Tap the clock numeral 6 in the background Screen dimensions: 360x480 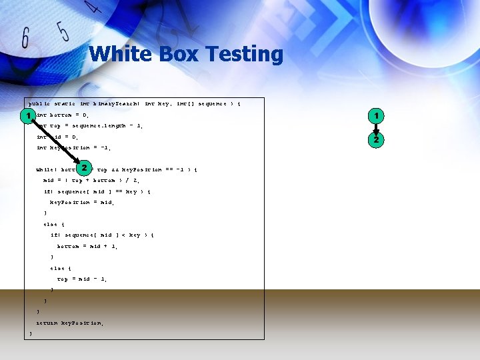point(26,38)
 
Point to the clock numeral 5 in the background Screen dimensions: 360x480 point(62,31)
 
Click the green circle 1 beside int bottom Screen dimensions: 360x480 point(27,116)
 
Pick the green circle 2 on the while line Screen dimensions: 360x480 point(85,168)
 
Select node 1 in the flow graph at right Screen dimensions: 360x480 point(376,116)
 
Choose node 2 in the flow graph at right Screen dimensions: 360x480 point(376,139)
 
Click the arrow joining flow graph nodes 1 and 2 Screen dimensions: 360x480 point(376,127)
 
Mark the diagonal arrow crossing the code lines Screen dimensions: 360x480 point(56,142)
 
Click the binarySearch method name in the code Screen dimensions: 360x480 point(116,104)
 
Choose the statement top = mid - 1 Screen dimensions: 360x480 point(83,279)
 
